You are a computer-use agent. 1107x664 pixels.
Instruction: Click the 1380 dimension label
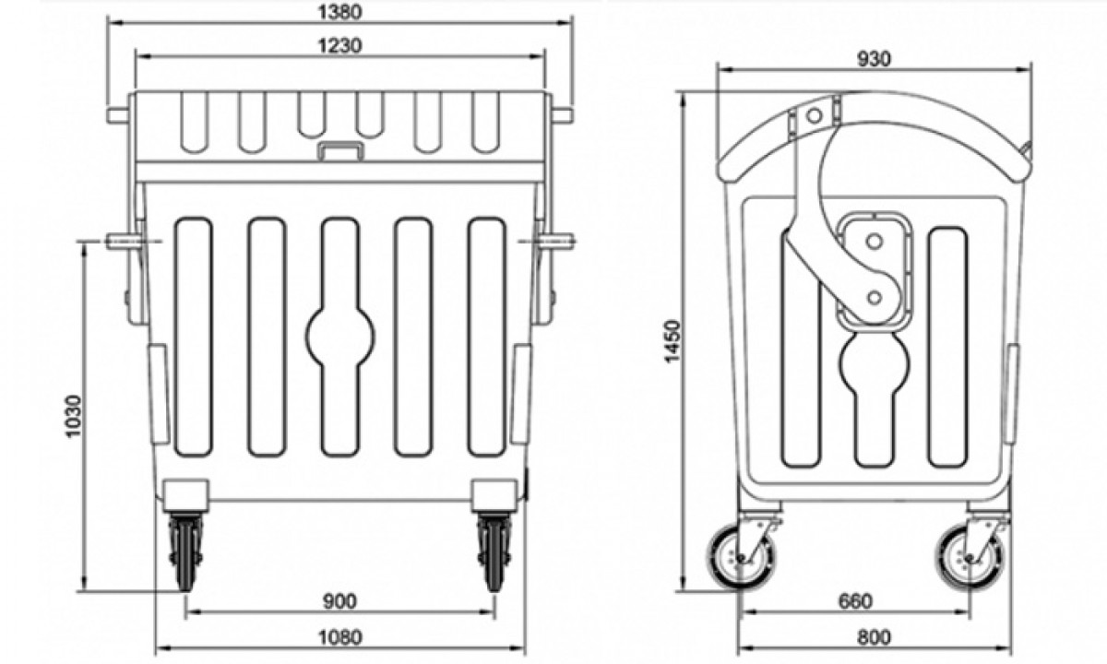coord(339,12)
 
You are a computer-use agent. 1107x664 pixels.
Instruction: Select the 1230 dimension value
coord(339,44)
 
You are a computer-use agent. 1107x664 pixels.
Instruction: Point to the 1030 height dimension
coord(74,417)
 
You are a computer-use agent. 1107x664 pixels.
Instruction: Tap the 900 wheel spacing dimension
coord(339,602)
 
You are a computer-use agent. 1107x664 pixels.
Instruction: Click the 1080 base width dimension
coord(339,635)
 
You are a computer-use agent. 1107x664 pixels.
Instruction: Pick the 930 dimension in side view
coord(874,58)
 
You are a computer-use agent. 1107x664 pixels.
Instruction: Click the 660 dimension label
coord(855,602)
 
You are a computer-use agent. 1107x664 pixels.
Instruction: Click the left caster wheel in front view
coord(186,551)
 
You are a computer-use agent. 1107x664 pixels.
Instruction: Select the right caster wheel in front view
coord(494,551)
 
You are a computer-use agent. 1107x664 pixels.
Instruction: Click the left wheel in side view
coord(742,556)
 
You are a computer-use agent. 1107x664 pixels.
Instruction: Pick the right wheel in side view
coord(968,556)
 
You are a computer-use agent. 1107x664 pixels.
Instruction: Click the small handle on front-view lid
coord(339,151)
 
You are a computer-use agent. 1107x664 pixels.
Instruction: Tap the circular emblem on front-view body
coord(340,338)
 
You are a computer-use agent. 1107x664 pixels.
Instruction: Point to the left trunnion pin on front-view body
coord(124,243)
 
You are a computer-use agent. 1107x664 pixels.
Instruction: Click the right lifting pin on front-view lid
coord(561,115)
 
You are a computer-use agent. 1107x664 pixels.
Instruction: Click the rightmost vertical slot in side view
coord(947,346)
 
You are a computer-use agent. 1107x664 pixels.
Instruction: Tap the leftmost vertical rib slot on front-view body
coord(193,337)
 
